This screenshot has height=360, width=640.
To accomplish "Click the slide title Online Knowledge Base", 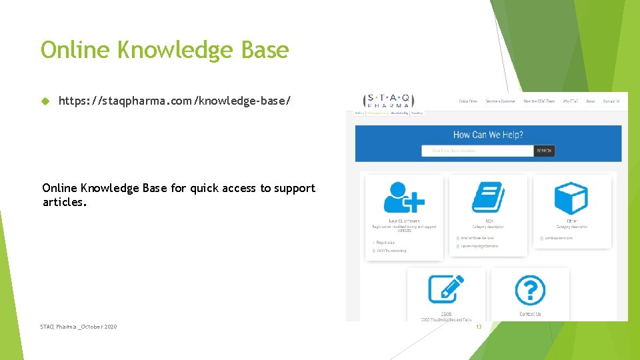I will click(x=165, y=50).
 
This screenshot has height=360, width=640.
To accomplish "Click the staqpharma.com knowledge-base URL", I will click(x=175, y=101).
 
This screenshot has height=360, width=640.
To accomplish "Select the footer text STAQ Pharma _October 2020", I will click(x=78, y=327).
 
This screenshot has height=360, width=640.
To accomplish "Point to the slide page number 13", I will click(x=478, y=327).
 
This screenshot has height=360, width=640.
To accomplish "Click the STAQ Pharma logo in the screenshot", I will click(x=389, y=101).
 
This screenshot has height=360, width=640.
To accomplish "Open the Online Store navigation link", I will click(x=468, y=101).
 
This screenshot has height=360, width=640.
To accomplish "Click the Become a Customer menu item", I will click(x=500, y=101).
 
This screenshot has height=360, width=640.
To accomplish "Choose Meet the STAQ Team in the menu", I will click(x=538, y=101).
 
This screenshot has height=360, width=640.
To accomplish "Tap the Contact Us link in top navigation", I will click(x=611, y=101).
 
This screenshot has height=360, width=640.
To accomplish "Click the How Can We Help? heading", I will click(x=488, y=135).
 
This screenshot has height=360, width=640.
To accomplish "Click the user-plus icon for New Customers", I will click(x=404, y=197).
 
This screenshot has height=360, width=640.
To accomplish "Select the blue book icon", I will click(x=488, y=197).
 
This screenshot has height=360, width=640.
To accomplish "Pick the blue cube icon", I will click(x=571, y=197).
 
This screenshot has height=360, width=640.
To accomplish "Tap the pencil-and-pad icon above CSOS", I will click(x=446, y=289).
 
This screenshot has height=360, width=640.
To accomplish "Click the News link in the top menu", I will click(x=590, y=101).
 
